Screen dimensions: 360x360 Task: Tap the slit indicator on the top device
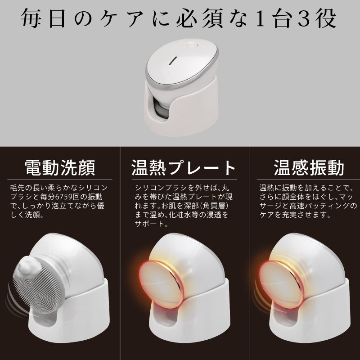point(173,61)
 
